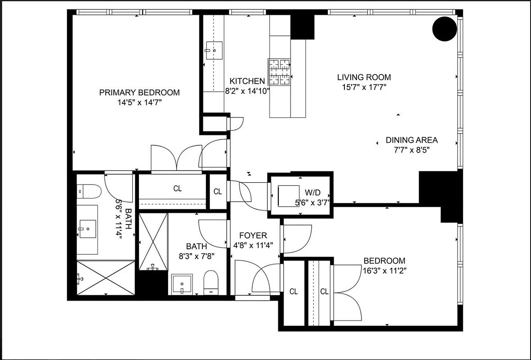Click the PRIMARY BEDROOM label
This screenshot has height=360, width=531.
point(139,93)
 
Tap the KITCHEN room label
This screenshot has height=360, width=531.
point(247,81)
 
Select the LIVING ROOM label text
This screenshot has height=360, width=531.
point(364,77)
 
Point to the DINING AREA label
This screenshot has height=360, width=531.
point(411,140)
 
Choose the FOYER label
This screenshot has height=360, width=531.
point(253,235)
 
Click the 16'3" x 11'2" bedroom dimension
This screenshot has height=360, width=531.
point(384,271)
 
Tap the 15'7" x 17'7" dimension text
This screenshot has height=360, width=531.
point(364,87)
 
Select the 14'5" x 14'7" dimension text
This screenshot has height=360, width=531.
point(139,103)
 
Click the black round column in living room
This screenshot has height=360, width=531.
point(444,29)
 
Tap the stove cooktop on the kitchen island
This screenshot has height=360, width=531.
point(280,72)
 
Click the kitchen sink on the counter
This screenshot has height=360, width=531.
point(214,50)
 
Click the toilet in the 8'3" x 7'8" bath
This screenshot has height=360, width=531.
point(210,282)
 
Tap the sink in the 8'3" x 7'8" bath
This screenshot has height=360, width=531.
point(182,284)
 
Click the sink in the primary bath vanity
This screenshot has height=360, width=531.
point(87,229)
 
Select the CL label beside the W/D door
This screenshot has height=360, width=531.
point(218,192)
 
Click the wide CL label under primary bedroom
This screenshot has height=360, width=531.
point(178,189)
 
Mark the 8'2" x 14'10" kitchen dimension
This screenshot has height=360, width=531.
point(247,91)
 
